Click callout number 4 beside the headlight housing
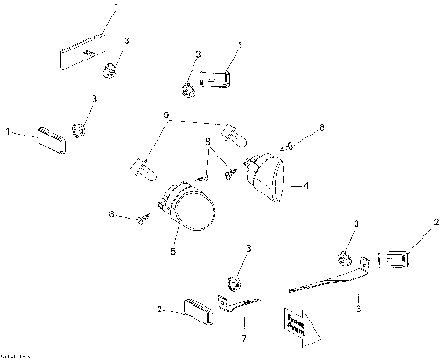click(307, 185)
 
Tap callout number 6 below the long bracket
click(357, 309)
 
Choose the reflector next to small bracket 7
click(197, 308)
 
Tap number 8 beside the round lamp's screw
click(112, 215)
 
